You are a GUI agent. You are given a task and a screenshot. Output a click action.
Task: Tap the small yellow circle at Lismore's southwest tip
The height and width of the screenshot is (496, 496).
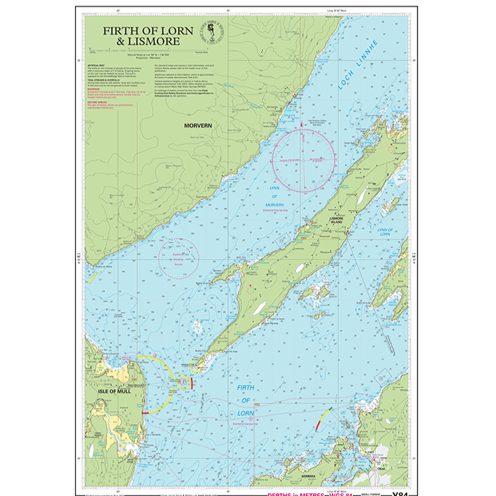tap(183, 382)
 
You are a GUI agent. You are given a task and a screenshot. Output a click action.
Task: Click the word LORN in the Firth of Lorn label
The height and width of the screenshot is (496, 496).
tap(248, 412)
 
